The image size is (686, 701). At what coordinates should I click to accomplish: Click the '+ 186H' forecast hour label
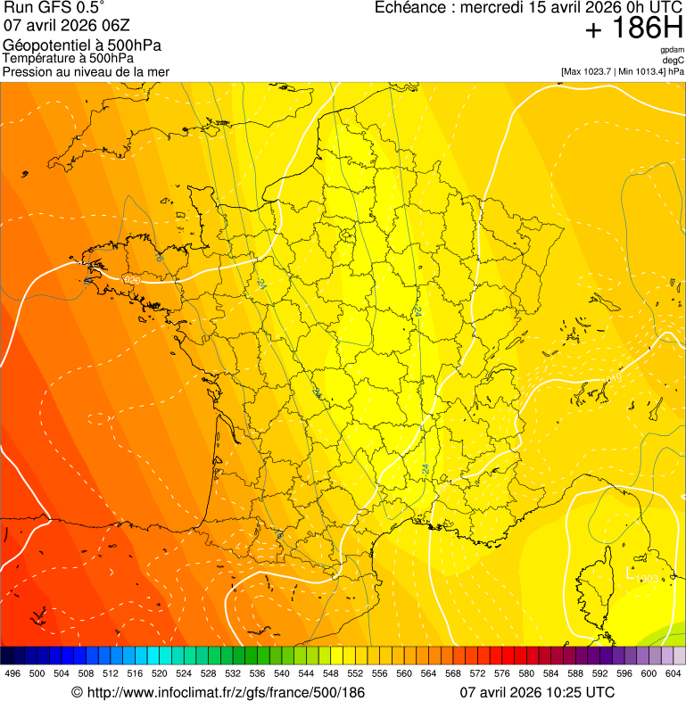[x=633, y=29]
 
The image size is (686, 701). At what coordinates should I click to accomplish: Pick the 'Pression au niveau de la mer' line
[x=86, y=71]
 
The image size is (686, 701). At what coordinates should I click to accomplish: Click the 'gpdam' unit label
[x=672, y=50]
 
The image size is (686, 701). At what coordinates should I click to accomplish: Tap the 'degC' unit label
[x=674, y=61]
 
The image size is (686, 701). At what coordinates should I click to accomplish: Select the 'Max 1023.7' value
[x=591, y=71]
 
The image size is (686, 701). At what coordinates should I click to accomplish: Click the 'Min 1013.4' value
[x=645, y=71]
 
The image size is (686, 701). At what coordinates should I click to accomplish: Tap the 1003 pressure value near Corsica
[x=648, y=580]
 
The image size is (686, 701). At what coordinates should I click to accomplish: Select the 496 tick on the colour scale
[x=12, y=673]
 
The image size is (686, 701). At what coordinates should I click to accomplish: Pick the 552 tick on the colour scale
[x=355, y=673]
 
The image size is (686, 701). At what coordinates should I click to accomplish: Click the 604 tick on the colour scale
[x=673, y=673]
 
